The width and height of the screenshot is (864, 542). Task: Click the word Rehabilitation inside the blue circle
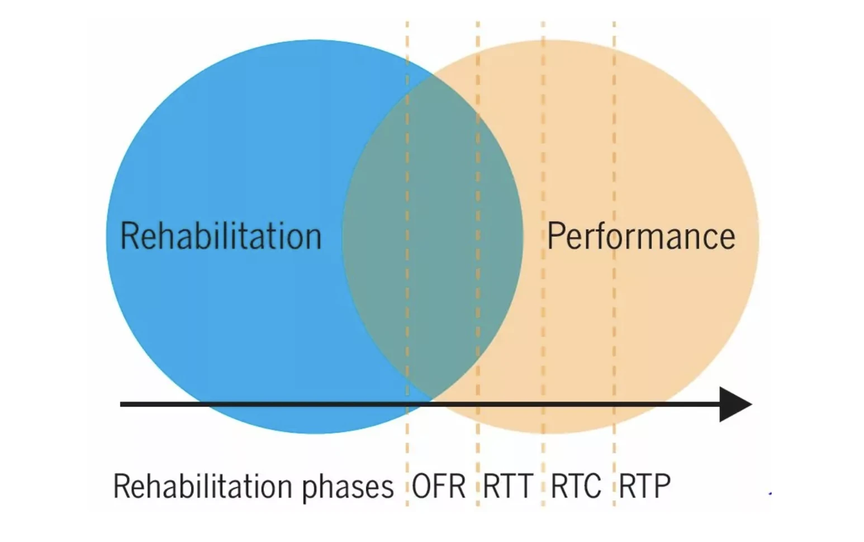[x=221, y=236]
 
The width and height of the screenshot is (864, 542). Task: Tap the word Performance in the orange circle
[x=641, y=236]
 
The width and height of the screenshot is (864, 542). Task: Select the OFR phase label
[x=439, y=486]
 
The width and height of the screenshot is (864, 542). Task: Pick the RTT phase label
[x=509, y=486]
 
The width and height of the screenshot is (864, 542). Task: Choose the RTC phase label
[x=576, y=486]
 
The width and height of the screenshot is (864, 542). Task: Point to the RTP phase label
[x=644, y=486]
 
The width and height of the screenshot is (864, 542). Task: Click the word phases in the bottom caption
[x=348, y=488]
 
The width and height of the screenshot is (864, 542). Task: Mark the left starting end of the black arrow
[x=121, y=405]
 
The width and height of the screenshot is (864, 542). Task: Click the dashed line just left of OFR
[x=407, y=264]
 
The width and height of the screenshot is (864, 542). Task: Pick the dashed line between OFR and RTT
[x=478, y=264]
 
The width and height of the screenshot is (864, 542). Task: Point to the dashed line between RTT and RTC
[x=543, y=264]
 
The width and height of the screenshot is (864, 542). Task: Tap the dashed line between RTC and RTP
[x=614, y=264]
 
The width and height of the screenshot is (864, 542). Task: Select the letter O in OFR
[x=421, y=486]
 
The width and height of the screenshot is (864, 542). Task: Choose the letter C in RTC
[x=592, y=486]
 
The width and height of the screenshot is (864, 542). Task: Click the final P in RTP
[x=662, y=486]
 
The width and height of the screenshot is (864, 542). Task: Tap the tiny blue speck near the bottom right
[x=770, y=493]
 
